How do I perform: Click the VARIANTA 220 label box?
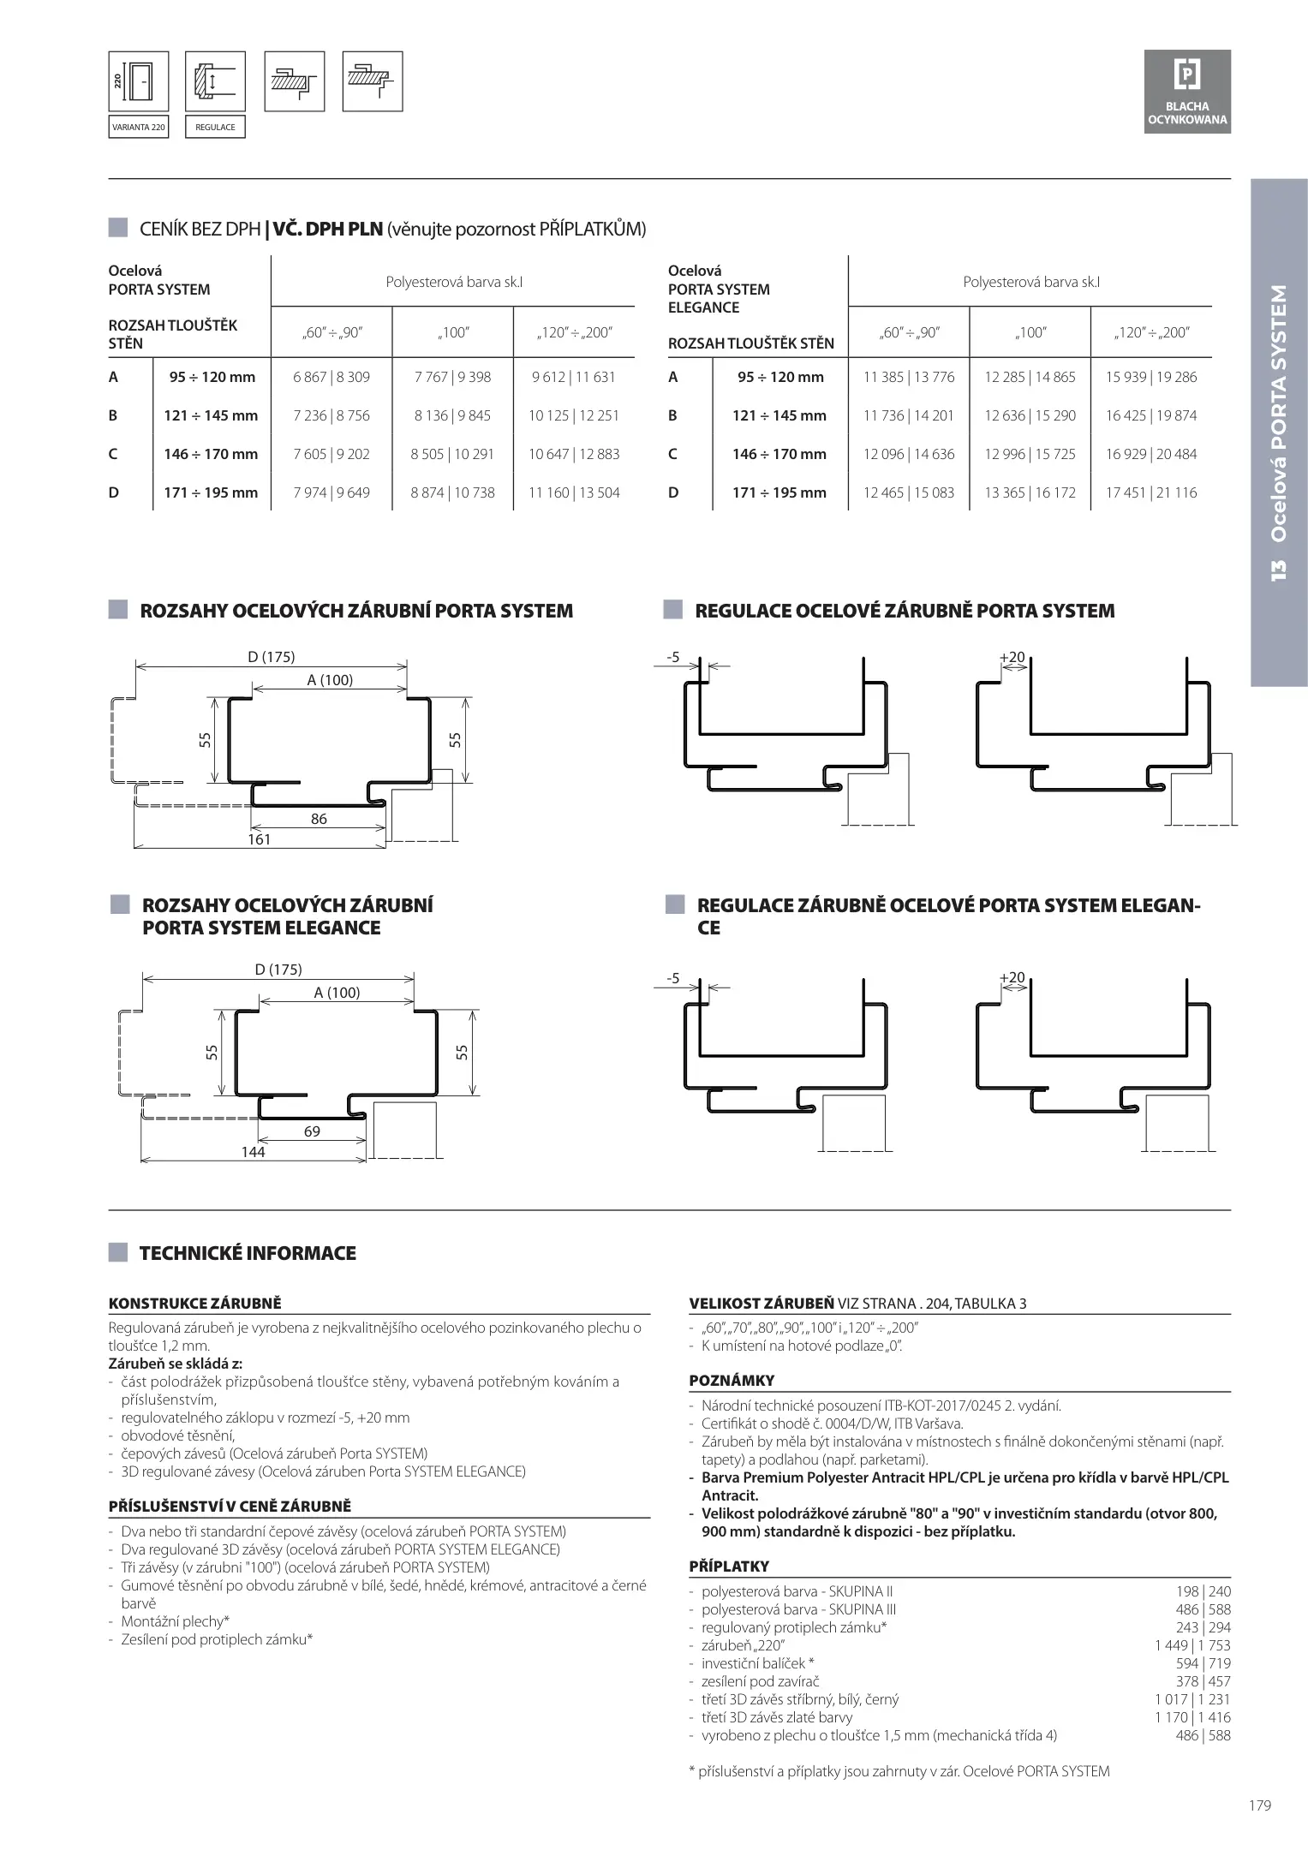(138, 127)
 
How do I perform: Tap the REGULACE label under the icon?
(215, 127)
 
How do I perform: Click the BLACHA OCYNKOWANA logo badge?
(1187, 92)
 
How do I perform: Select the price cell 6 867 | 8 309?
(331, 377)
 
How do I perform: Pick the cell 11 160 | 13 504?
(574, 492)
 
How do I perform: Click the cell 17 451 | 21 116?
(1151, 492)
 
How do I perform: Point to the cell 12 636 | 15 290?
(1030, 415)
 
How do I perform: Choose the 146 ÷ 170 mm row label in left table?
(211, 454)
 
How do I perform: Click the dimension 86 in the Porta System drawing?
(319, 819)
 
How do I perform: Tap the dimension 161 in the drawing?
(259, 839)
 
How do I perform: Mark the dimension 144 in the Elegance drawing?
(253, 1152)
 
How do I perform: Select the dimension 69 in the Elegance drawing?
(312, 1131)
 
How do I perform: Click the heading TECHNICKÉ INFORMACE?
(248, 1253)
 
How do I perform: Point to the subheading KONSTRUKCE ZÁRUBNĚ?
(194, 1304)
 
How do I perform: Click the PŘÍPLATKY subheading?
(729, 1566)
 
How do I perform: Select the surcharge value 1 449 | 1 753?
(1192, 1645)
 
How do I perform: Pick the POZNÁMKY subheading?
(732, 1380)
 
